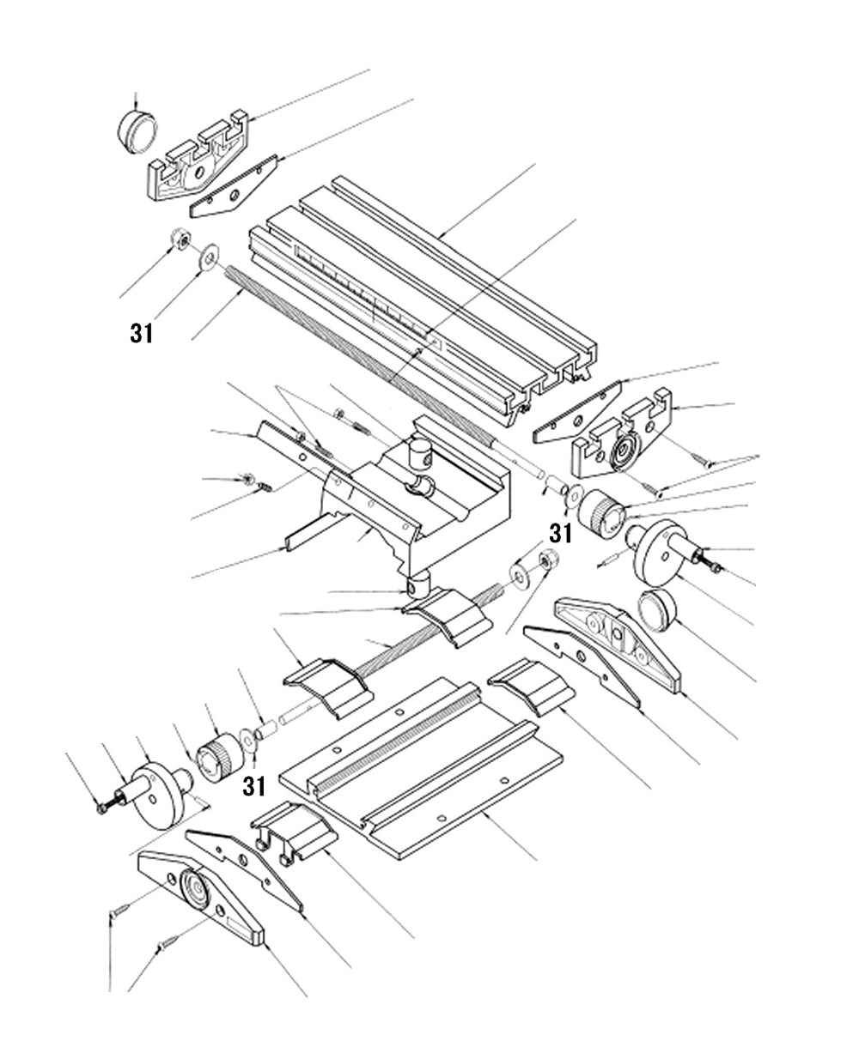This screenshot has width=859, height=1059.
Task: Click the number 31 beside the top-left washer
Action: (142, 333)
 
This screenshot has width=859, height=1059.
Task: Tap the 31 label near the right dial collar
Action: (560, 533)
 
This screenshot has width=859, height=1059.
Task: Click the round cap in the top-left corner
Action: (137, 131)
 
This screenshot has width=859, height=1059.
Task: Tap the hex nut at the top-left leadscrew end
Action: (180, 239)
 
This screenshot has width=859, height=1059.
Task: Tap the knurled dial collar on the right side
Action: (602, 511)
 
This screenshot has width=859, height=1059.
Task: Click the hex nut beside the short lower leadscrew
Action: (545, 562)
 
